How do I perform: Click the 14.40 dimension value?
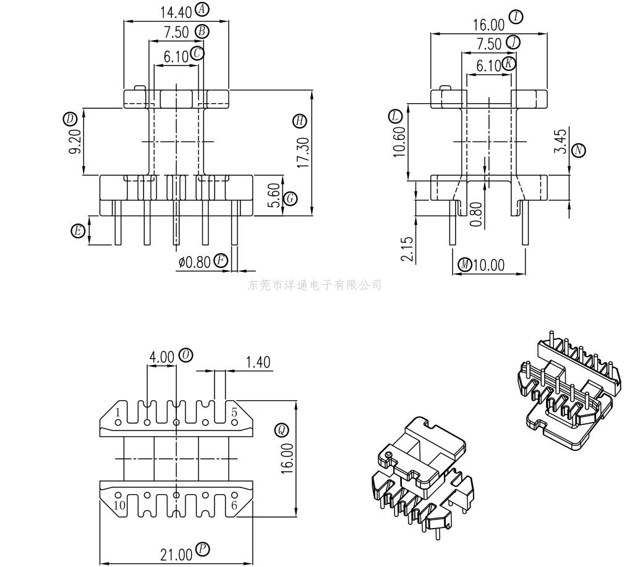176,12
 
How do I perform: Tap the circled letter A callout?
202,9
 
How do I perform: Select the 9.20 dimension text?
75,141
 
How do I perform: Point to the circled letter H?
300,121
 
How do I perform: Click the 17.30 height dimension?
303,153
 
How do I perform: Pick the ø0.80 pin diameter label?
195,262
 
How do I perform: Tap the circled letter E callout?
78,231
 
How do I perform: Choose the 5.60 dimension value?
275,195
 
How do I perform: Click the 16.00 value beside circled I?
488,25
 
